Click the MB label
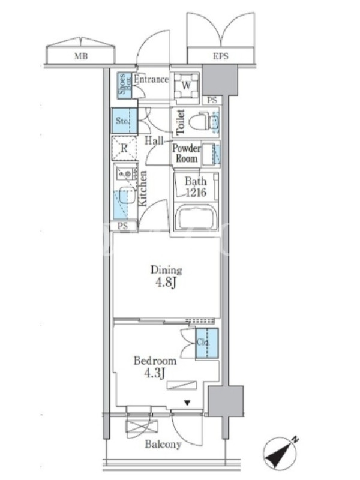click(81, 56)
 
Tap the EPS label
click(220, 56)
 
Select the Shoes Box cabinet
click(125, 86)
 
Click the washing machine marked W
click(186, 85)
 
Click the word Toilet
click(180, 122)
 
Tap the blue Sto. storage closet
click(124, 121)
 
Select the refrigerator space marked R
click(124, 148)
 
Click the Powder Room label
click(186, 154)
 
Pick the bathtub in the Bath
click(197, 217)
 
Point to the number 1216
click(196, 193)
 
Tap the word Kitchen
click(143, 188)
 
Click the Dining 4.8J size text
click(166, 282)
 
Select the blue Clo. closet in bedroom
click(207, 343)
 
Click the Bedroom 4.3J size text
click(155, 373)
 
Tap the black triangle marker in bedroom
click(187, 403)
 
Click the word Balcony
click(163, 444)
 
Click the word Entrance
click(151, 80)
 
